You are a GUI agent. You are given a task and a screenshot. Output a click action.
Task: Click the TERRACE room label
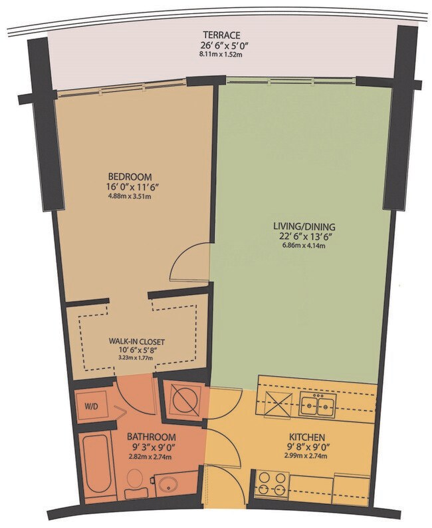click(x=221, y=35)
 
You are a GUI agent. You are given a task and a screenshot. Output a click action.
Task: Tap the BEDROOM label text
click(x=130, y=177)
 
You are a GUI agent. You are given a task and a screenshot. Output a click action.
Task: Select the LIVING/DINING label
click(x=304, y=226)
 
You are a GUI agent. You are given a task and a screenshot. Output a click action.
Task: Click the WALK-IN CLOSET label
click(x=136, y=342)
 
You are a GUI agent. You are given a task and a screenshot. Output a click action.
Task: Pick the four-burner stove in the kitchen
click(x=272, y=484)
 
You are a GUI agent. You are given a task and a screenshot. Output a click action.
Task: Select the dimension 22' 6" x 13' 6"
click(x=304, y=236)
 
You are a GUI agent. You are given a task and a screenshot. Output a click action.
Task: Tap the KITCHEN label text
click(x=307, y=437)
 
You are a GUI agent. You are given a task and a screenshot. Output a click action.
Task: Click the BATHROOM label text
click(x=152, y=437)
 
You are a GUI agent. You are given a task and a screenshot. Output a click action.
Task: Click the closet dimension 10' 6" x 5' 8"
click(x=136, y=350)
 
